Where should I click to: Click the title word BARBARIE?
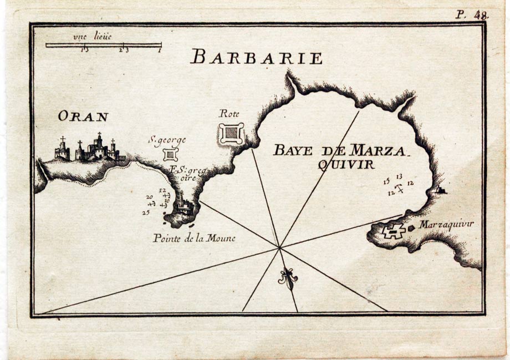pos(256,57)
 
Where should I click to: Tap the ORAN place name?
pos(83,116)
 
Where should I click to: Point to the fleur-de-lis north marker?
pos(287,278)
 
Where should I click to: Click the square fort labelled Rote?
pos(231,134)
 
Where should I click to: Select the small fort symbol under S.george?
pos(171,154)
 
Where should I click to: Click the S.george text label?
pos(167,140)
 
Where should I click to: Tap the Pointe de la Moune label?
pos(194,239)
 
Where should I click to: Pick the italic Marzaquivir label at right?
pos(446,225)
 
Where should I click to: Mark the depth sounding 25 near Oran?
pos(146,212)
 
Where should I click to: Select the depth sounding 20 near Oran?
pos(149,197)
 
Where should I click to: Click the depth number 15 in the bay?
pos(386,181)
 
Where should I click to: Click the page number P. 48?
pos(472,15)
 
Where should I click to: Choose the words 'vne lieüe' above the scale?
pos(92,37)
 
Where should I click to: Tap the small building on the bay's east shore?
pos(441,190)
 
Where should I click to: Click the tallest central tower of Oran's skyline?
pos(99,144)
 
